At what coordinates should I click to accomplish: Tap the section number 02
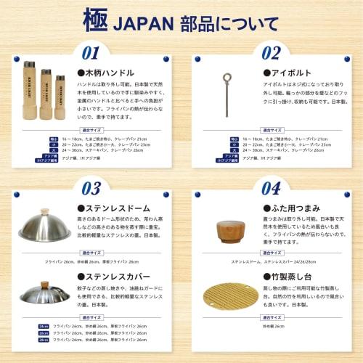pos(271,53)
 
